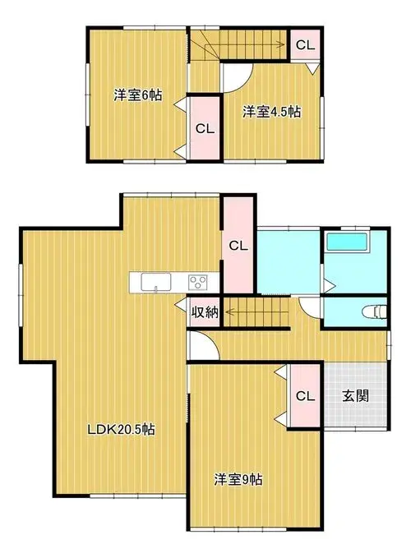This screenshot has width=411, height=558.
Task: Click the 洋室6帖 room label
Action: coord(138,95)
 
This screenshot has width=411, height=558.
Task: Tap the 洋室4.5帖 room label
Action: coord(271,112)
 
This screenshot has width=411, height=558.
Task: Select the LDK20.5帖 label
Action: coord(121,429)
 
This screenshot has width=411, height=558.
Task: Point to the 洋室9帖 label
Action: coord(238,479)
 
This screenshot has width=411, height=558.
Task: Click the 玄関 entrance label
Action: coord(355,396)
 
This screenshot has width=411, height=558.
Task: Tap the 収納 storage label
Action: coord(205,312)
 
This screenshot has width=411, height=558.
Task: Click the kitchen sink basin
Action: coord(156,282)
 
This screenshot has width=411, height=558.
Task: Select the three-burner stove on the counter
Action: coord(198,283)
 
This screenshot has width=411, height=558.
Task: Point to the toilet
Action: coord(374,311)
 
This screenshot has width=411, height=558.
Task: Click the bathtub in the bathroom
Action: coord(347,242)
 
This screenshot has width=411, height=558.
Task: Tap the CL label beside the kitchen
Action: coord(238,246)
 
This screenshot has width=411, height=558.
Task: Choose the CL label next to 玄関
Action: coord(305,396)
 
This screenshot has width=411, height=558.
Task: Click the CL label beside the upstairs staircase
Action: coord(305,45)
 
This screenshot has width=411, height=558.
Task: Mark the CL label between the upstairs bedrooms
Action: coord(205,128)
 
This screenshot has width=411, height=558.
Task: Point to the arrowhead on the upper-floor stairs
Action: coord(281,45)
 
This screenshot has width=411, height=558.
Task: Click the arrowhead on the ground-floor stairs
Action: coord(229,312)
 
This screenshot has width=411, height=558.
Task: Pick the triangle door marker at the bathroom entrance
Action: coord(329,285)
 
